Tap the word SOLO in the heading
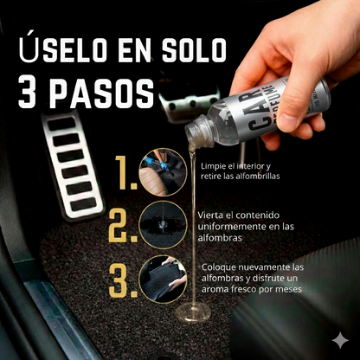(x=182, y=48)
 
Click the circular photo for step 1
(x=163, y=170)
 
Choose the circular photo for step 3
(x=163, y=278)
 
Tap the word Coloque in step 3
(x=221, y=267)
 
